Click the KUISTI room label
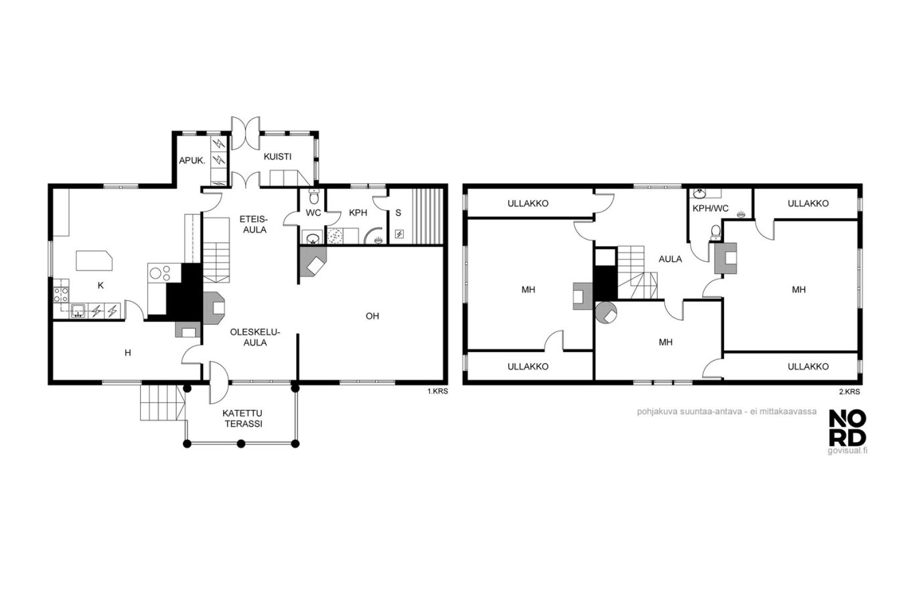pyautogui.click(x=277, y=157)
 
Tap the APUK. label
pyautogui.click(x=192, y=161)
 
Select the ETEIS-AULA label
pyautogui.click(x=255, y=224)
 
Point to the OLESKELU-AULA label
pyautogui.click(x=255, y=337)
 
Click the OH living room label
pyautogui.click(x=372, y=315)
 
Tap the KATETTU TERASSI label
pyautogui.click(x=243, y=418)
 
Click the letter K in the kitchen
pyautogui.click(x=100, y=285)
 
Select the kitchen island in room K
pyautogui.click(x=94, y=260)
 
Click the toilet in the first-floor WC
pyautogui.click(x=313, y=198)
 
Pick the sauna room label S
pyautogui.click(x=399, y=212)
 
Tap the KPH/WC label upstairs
pyautogui.click(x=710, y=208)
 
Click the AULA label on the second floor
pyautogui.click(x=671, y=259)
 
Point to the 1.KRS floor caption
pyautogui.click(x=437, y=391)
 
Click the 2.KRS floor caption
pyautogui.click(x=849, y=392)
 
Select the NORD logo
pyautogui.click(x=847, y=428)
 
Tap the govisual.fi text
pyautogui.click(x=847, y=451)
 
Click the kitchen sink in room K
pyautogui.click(x=78, y=311)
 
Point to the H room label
pyautogui.click(x=128, y=353)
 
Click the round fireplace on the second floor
pyautogui.click(x=606, y=313)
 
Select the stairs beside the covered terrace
pyautogui.click(x=163, y=402)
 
